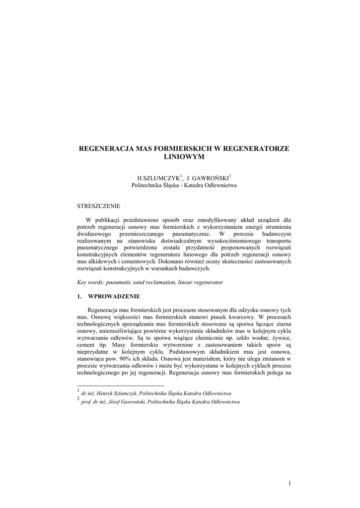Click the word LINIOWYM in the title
(x=184, y=157)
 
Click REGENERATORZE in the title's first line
(x=258, y=148)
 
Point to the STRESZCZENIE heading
(x=98, y=205)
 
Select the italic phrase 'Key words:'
(x=91, y=282)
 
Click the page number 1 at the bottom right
(x=289, y=483)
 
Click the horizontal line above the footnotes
(x=120, y=385)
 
